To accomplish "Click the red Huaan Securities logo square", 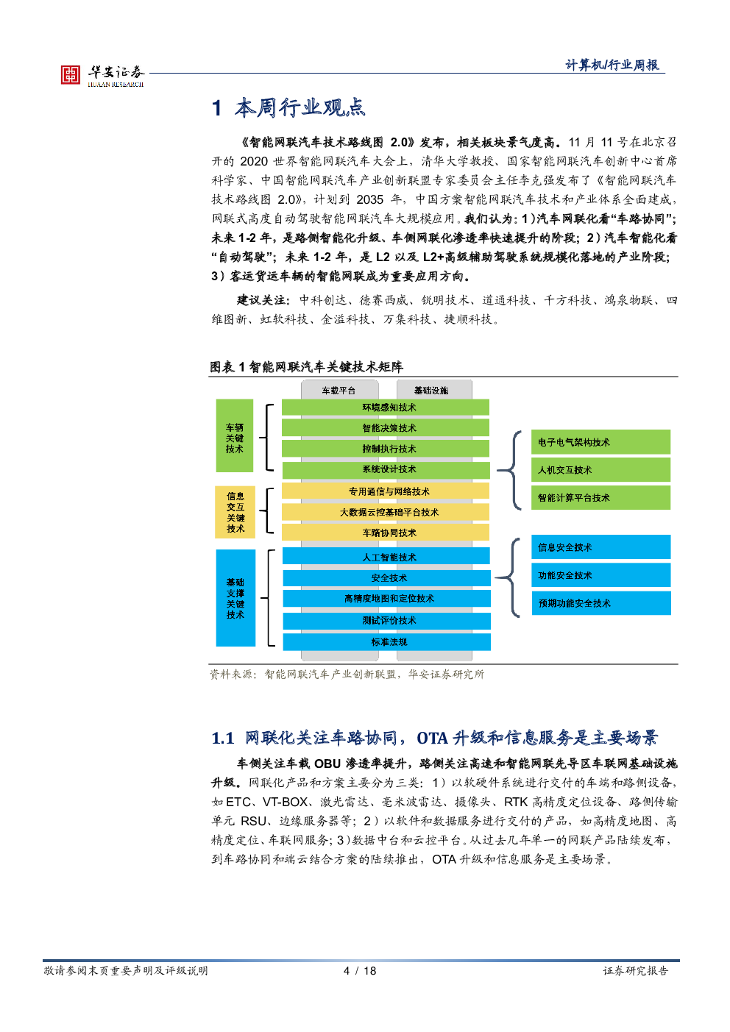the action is coord(71,74).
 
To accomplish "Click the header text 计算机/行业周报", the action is coord(612,65).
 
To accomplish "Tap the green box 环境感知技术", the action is coord(386,408).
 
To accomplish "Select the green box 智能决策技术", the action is coord(386,428).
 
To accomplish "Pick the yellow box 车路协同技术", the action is coord(386,533).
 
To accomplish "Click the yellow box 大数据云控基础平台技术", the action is coord(386,512).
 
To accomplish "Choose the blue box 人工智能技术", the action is coord(386,556).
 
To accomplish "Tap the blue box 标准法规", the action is coord(386,641).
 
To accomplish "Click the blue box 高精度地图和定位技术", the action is coord(386,599).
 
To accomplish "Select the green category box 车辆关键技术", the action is coord(235,436).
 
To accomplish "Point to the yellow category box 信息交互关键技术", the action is coord(235,512).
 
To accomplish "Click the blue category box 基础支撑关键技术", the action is coord(235,598).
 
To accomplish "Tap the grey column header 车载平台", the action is coord(340,390).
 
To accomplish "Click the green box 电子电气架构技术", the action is coord(601,442).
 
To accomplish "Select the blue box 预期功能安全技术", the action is coord(601,603).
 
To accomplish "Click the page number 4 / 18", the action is coord(360,971).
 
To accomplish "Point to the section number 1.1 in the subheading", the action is coord(223,738).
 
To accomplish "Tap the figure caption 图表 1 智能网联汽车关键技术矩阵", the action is coord(306,367).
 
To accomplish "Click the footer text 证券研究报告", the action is coord(636,971).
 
